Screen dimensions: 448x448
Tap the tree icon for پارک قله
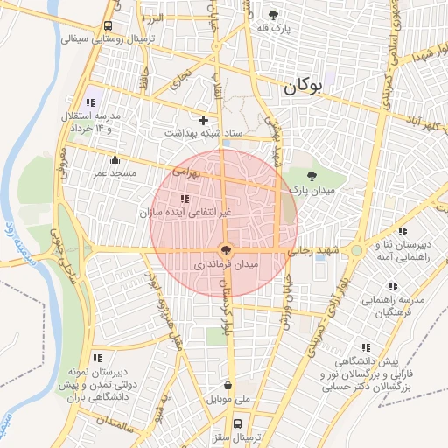click(273, 15)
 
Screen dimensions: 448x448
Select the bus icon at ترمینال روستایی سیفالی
click(107, 25)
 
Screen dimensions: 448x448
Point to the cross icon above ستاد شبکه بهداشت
click(204, 120)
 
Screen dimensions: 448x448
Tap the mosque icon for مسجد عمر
click(115, 159)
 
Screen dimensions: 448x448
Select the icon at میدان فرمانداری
click(227, 250)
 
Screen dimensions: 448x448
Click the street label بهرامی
click(187, 172)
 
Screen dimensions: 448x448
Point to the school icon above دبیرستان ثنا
click(402, 231)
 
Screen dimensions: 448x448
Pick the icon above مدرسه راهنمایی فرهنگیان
click(393, 286)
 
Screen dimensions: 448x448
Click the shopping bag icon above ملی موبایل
click(228, 385)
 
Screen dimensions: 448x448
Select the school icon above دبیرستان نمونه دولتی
click(96, 357)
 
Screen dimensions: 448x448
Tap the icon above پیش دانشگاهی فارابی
click(365, 346)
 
